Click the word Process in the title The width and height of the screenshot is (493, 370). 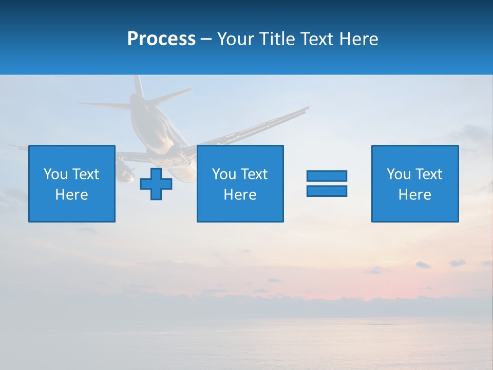(161, 39)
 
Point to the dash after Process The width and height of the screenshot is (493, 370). (206, 39)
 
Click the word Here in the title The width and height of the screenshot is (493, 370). (358, 39)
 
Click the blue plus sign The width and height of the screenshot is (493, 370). (156, 184)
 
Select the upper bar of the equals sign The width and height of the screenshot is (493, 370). (327, 176)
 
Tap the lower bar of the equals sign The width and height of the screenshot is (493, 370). (327, 191)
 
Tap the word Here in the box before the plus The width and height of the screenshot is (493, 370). (72, 195)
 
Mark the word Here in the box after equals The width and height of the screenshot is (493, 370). (415, 195)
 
